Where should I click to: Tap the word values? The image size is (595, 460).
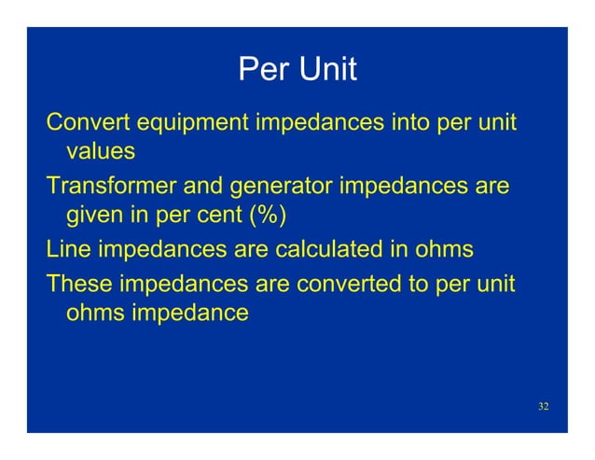[x=102, y=150]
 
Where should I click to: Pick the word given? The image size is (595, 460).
[x=96, y=216]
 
